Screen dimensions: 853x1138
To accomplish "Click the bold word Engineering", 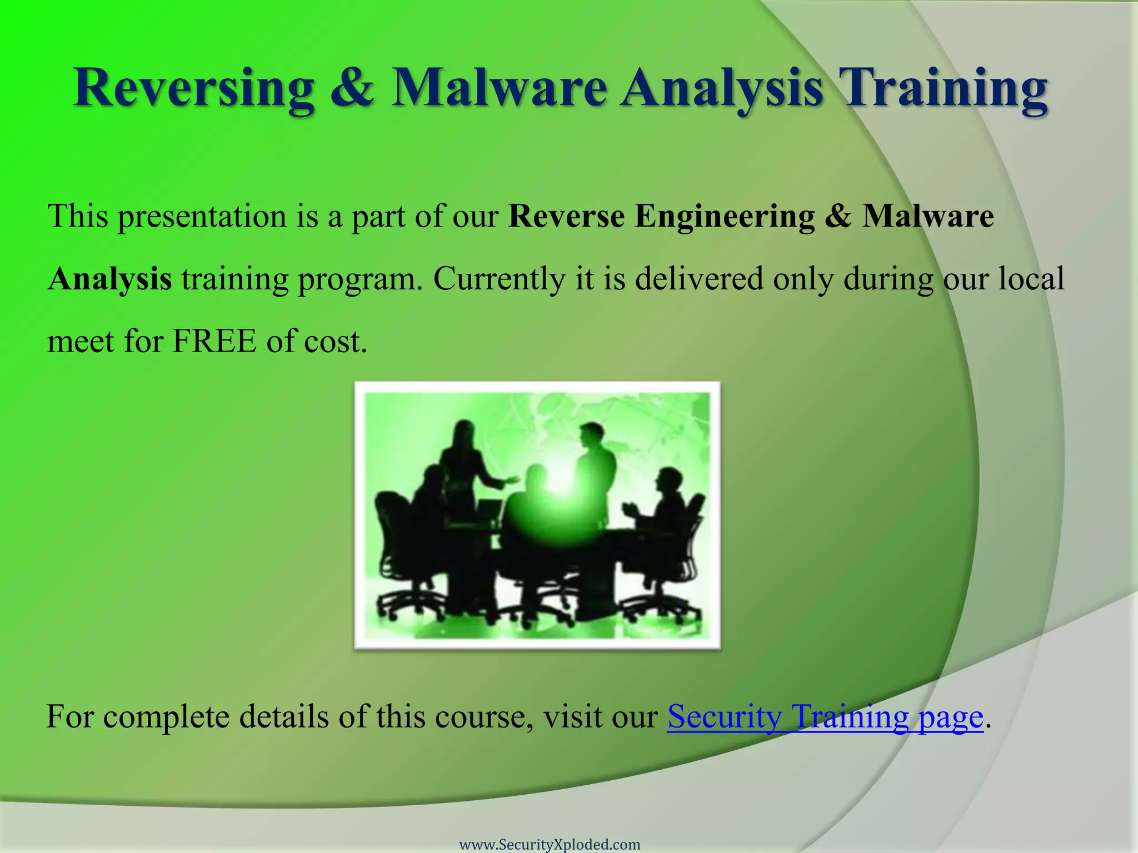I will pyautogui.click(x=725, y=217).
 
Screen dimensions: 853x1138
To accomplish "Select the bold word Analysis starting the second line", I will pyautogui.click(x=109, y=279).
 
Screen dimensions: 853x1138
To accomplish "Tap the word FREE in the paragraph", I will pyautogui.click(x=214, y=341).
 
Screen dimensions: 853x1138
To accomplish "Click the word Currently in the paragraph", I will pyautogui.click(x=498, y=279).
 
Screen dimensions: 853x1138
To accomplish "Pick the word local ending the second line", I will pyautogui.click(x=1031, y=279).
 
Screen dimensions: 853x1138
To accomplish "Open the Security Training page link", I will pyautogui.click(x=825, y=717).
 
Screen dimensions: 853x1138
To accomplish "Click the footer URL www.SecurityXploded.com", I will pyautogui.click(x=550, y=845).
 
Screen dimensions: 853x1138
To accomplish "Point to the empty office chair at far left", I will pyautogui.click(x=397, y=550).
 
